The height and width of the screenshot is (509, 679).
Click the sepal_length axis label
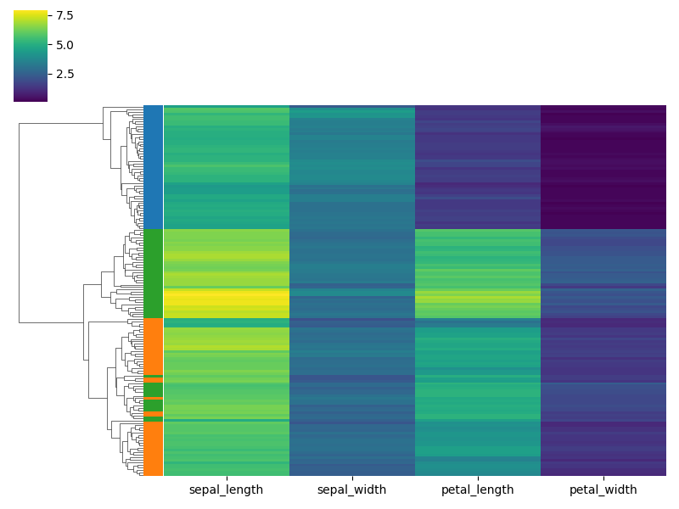point(226,489)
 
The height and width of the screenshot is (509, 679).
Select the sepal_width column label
point(351,489)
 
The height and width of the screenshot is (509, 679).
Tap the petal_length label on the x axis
point(477,489)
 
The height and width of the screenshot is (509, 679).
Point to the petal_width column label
point(603,489)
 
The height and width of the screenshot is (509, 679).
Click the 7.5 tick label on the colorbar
point(63,15)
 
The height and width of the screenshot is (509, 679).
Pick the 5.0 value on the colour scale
point(63,44)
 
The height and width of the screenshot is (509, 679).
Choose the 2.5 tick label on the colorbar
point(63,73)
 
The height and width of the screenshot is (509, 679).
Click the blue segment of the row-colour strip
point(153,166)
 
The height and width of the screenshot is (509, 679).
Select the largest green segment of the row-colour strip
point(153,273)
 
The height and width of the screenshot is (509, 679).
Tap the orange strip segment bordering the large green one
point(153,345)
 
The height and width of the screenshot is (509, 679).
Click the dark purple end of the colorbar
point(31,98)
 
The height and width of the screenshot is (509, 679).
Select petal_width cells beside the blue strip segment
point(603,166)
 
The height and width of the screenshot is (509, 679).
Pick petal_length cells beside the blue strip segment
point(477,166)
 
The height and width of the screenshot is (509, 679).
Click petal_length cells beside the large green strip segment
point(477,273)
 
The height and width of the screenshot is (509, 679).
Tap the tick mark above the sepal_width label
point(352,478)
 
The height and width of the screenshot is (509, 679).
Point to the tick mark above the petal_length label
point(478,478)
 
